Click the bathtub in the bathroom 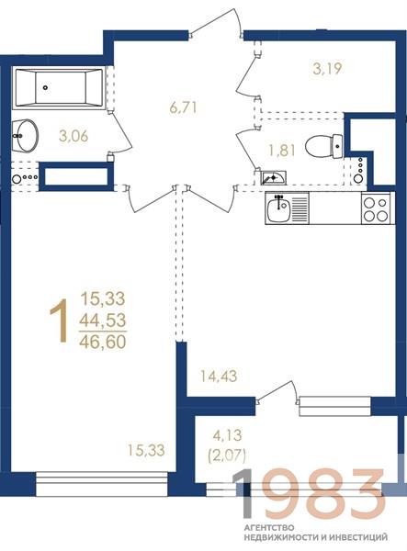(59, 88)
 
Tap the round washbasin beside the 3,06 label (25, 136)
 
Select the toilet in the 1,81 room (323, 146)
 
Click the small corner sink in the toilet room (273, 177)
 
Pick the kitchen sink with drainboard (288, 208)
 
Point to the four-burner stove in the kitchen (376, 208)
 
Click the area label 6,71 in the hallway (183, 107)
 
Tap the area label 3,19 (327, 69)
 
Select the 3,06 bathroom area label (73, 136)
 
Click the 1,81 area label (282, 151)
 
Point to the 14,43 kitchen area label (219, 377)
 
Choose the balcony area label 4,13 (227, 435)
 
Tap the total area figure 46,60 (103, 342)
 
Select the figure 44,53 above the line (103, 320)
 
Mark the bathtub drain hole (45, 87)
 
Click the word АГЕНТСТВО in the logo (269, 527)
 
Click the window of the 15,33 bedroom (102, 484)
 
